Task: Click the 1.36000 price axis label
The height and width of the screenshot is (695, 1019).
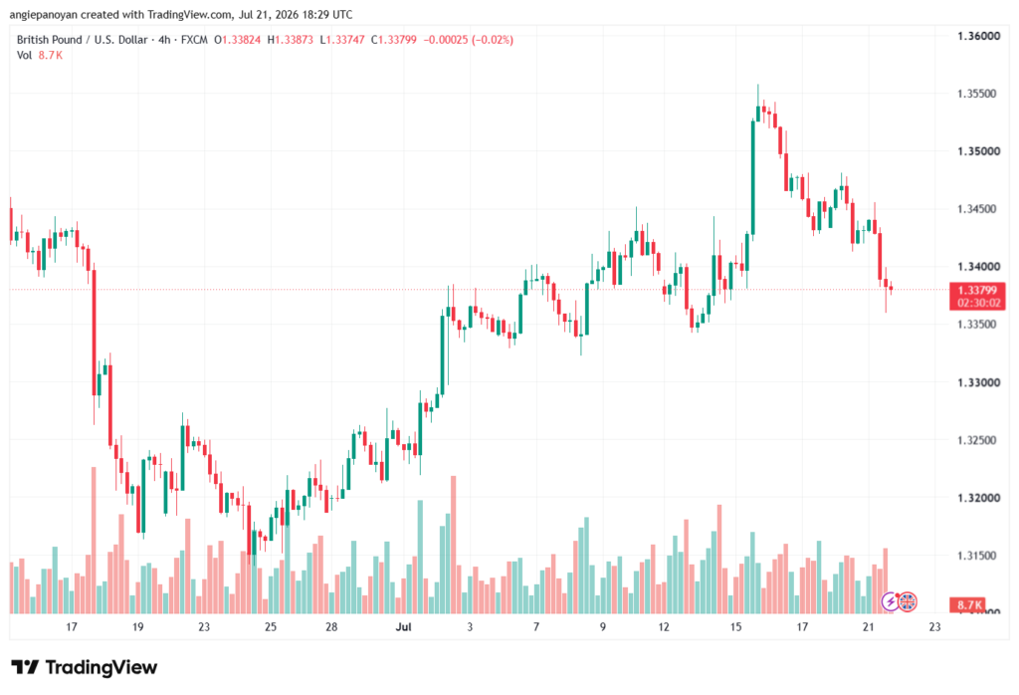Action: coord(978,36)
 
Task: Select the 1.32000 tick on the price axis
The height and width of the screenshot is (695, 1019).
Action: coord(978,498)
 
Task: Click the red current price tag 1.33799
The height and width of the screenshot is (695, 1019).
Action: coord(977,297)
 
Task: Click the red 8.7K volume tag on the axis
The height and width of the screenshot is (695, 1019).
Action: coord(967,605)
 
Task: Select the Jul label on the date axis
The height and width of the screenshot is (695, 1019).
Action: coord(404,626)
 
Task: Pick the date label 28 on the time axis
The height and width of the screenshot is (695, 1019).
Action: coord(331,626)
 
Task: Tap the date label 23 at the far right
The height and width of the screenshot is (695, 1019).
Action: coord(934,626)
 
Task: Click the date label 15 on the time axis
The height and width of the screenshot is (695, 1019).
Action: coord(735,626)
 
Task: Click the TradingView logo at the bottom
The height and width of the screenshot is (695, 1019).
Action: coord(85,667)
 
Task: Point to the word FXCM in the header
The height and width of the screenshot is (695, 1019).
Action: coord(194,40)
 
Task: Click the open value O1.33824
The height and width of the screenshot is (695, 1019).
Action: coord(237,40)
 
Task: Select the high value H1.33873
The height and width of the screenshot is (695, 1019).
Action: coord(291,40)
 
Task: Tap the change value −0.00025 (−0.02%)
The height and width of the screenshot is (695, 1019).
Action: coord(469,40)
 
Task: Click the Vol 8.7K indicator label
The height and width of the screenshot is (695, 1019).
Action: coord(40,56)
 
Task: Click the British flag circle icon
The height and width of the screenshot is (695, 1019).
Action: coord(908,602)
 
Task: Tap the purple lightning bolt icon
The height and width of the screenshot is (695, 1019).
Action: coord(891,602)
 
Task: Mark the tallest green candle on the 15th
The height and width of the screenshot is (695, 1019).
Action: coord(753,177)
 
